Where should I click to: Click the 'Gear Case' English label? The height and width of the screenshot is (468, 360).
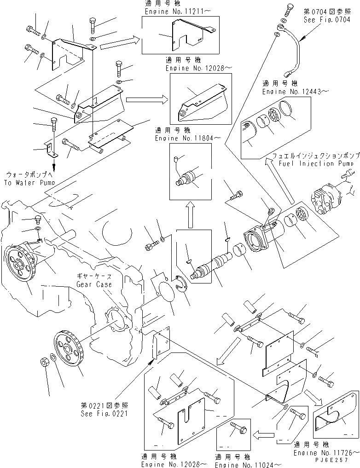tap(94, 284)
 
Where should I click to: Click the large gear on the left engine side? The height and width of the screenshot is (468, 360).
tap(21, 267)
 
